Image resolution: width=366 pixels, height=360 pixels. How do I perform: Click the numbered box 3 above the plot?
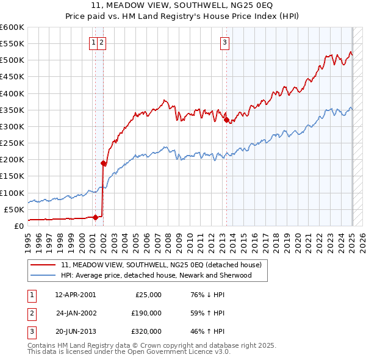[225, 43]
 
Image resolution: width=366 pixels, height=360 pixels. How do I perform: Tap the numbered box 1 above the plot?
[93, 43]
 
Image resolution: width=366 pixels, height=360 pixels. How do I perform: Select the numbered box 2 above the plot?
[101, 43]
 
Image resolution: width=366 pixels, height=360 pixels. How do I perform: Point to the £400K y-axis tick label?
[12, 93]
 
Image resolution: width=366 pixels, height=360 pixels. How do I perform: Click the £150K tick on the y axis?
[12, 176]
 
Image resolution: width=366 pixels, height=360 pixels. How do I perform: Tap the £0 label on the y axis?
[18, 226]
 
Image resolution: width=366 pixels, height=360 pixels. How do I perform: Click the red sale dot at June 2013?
[227, 120]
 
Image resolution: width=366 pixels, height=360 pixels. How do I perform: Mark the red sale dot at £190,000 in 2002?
[103, 163]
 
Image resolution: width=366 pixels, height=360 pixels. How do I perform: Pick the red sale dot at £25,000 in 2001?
[95, 217]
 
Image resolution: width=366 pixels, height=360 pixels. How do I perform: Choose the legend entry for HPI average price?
[164, 275]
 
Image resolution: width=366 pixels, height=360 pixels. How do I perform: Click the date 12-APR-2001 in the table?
[75, 294]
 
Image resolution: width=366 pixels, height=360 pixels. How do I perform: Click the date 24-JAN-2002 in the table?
[76, 312]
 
